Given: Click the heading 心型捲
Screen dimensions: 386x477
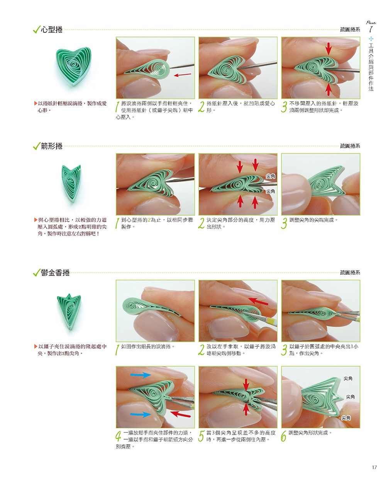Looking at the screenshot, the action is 51,29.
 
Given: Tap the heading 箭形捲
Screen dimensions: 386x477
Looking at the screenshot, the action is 51,146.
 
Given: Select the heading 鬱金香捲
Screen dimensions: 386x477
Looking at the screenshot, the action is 55,272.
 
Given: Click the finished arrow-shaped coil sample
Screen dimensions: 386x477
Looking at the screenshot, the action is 71,184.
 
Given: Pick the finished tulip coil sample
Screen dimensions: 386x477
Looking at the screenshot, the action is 69,311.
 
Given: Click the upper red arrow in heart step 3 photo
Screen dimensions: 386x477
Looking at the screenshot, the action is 328,49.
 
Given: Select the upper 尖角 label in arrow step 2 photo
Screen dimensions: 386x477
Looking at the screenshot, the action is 270,176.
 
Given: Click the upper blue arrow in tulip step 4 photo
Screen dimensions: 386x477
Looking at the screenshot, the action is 141,375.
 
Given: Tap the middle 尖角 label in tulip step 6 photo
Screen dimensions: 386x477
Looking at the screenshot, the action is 350,397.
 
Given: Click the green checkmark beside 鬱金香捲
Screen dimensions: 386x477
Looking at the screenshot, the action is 37,272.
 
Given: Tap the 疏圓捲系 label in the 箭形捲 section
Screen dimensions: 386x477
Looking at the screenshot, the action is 350,146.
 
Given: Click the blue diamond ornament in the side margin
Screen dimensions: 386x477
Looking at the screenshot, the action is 371,39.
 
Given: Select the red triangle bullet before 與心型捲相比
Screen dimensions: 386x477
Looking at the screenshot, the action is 36,220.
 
